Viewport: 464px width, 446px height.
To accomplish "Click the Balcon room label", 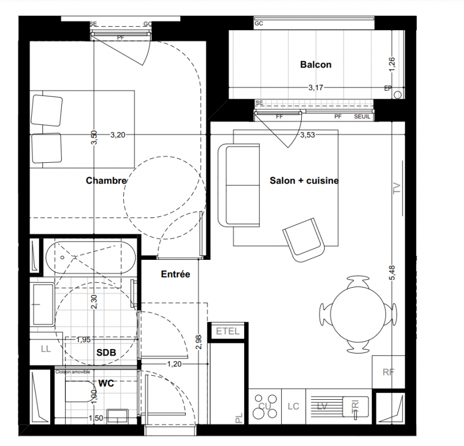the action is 316,65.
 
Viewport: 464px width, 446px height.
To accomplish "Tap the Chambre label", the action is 106,181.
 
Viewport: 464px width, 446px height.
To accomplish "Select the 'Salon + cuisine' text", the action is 304,181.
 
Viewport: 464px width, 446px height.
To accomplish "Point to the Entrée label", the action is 176,274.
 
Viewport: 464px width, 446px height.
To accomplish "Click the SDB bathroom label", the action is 106,352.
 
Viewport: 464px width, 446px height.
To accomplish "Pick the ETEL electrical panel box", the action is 228,331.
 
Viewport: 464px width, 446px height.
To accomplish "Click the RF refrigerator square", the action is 389,372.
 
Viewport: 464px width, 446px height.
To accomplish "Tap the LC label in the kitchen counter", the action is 293,406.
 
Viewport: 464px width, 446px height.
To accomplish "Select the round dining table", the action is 358,314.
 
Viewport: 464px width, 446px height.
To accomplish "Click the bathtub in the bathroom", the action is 90,258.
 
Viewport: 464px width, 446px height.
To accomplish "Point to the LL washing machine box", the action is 46,348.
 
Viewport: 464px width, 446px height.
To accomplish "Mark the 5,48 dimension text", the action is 392,273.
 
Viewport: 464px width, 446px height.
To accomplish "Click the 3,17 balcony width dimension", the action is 316,88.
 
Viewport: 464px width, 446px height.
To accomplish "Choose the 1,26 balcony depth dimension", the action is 392,64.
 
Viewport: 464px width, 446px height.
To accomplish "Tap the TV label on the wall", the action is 397,188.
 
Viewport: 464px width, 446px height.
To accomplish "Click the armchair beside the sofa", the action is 303,240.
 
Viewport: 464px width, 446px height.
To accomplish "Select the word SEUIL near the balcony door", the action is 362,117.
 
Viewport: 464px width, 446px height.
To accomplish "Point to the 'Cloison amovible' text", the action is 72,372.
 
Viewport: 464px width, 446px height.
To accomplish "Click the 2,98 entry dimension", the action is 199,342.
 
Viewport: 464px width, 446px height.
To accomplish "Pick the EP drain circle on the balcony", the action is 398,95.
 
